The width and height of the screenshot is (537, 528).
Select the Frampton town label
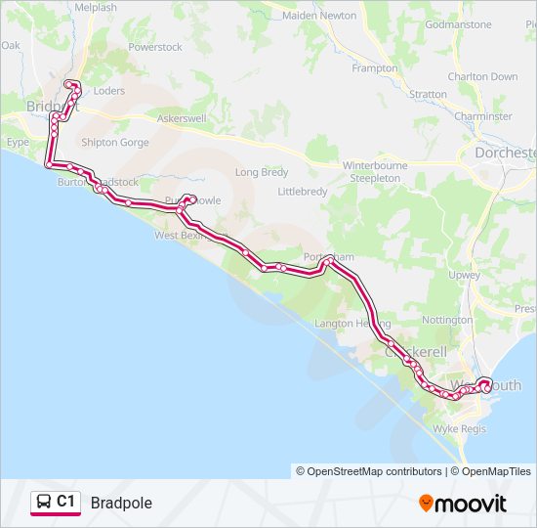click(x=374, y=68)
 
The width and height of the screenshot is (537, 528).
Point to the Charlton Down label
click(x=482, y=76)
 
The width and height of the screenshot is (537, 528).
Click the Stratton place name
click(x=429, y=95)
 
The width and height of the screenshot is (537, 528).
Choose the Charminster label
click(x=482, y=116)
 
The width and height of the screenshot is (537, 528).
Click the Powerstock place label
click(x=154, y=47)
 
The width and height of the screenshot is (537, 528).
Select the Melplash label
click(x=95, y=7)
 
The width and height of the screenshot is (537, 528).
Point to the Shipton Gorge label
click(x=115, y=143)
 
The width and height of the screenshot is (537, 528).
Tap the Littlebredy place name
click(x=303, y=192)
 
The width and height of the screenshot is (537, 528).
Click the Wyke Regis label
click(x=459, y=428)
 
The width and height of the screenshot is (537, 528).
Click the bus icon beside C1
click(x=44, y=503)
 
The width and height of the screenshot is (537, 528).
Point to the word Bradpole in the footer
click(x=121, y=503)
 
